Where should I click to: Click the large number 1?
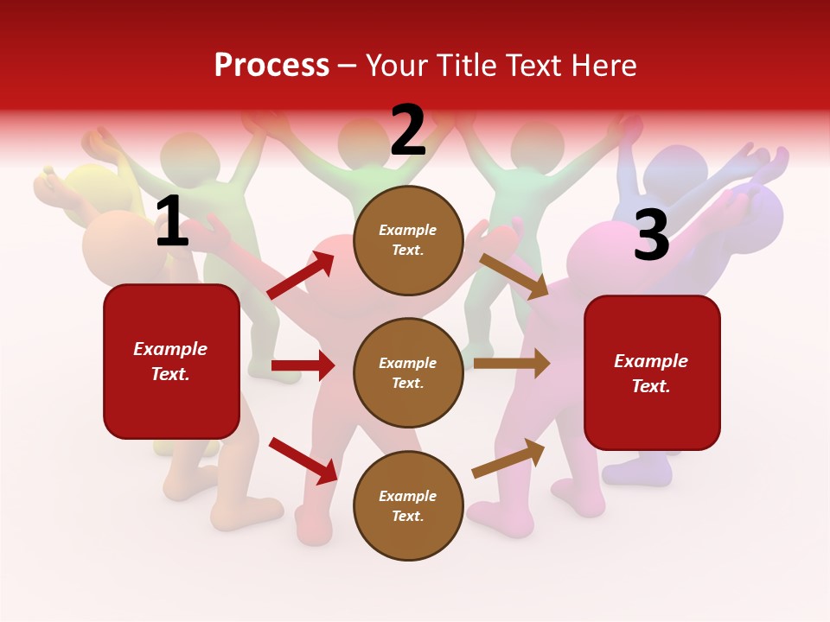click(172, 222)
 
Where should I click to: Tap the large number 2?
click(408, 131)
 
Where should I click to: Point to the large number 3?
click(651, 236)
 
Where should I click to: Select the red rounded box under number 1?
click(171, 361)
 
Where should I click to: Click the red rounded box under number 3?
click(652, 373)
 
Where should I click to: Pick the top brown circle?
click(408, 240)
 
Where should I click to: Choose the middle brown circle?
click(408, 373)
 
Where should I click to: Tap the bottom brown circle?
click(408, 506)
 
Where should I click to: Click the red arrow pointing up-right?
click(301, 276)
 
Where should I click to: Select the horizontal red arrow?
click(303, 365)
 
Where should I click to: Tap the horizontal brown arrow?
click(512, 364)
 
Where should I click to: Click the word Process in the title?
click(271, 65)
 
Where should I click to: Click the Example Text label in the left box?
click(170, 361)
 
